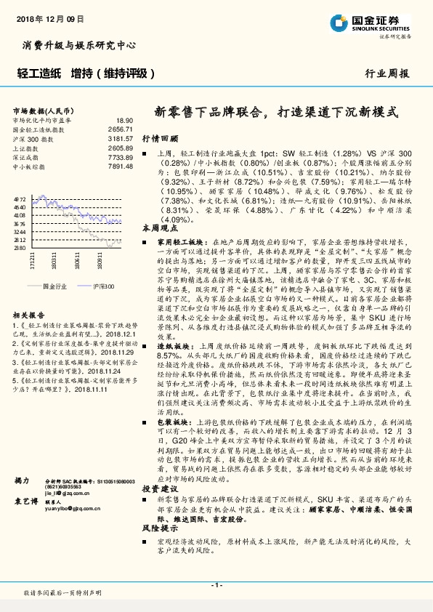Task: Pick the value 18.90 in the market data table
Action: pyautogui.click(x=124, y=120)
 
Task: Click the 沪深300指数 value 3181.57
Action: pyautogui.click(x=120, y=137)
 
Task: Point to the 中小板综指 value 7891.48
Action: pyautogui.click(x=120, y=166)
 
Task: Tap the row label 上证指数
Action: pyautogui.click(x=28, y=148)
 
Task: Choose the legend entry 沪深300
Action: pyautogui.click(x=103, y=286)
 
